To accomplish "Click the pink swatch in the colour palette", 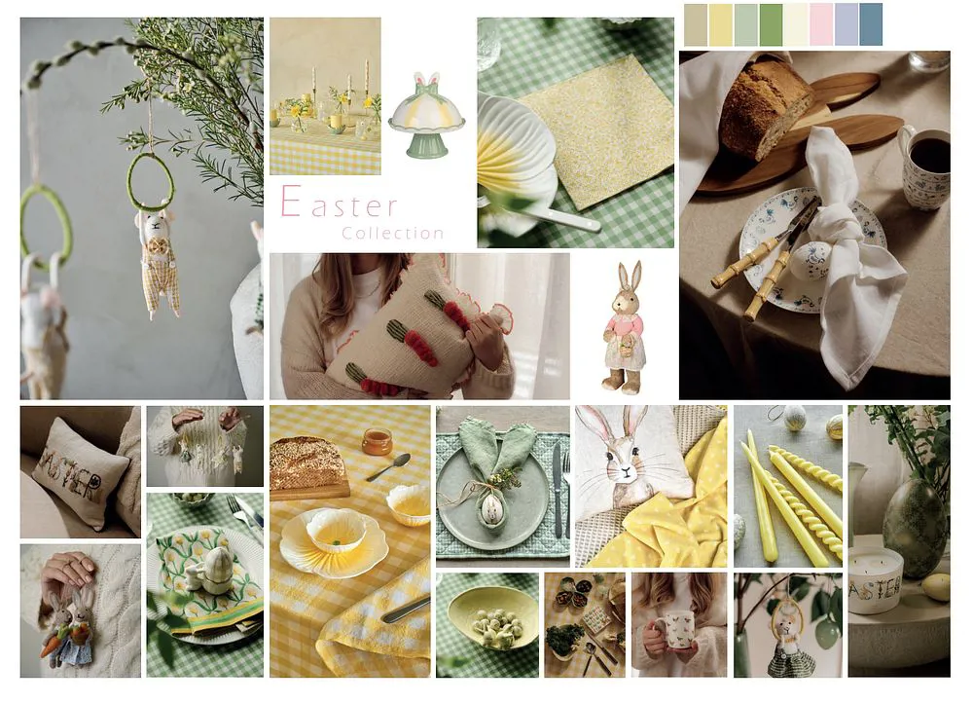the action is point(821,24).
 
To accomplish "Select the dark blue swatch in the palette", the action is point(871,24).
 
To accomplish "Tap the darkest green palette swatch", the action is point(771,24).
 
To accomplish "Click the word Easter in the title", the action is point(339,202).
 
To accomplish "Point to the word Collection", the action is point(393,234).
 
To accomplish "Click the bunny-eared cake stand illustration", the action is point(426,116).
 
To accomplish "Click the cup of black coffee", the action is point(924,164).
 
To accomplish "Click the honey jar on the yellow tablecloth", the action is point(378,441).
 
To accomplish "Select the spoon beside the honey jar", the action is point(388,467).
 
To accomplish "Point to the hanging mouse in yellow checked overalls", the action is point(158,261).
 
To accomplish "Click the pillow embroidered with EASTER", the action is point(81,473).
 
